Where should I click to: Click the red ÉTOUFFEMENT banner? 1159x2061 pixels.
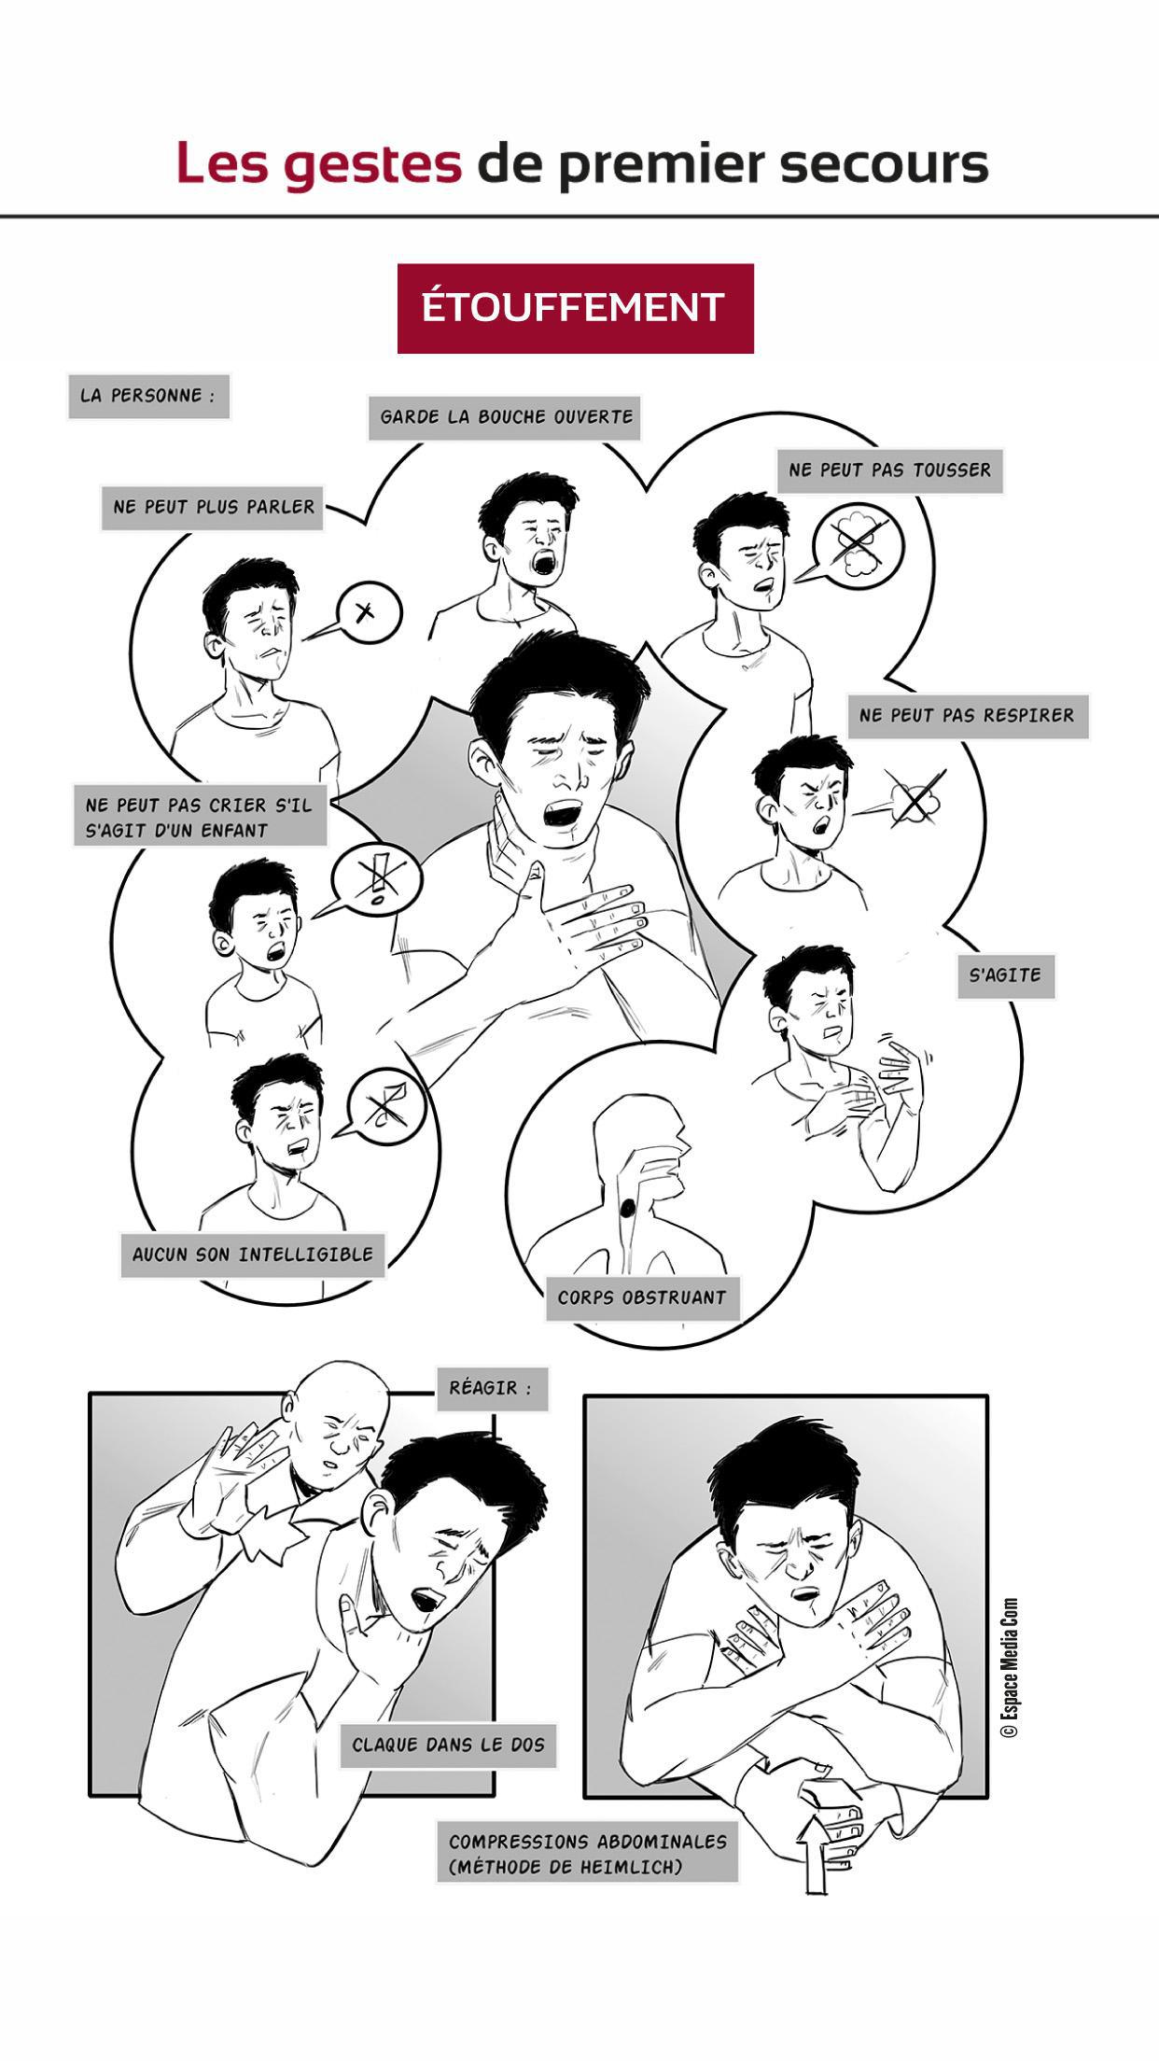pos(575,308)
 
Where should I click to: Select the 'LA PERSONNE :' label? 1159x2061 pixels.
pos(148,396)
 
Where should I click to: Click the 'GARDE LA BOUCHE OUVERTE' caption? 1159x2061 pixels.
pos(507,417)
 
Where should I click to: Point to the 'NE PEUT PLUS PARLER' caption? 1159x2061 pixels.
pos(213,508)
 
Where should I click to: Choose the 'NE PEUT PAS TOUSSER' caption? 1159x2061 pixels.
pos(889,470)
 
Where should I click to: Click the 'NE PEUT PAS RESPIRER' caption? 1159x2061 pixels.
pos(967,717)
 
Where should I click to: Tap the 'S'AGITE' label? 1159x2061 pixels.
pos(1005,975)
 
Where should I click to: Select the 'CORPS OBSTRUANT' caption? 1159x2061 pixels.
pos(642,1297)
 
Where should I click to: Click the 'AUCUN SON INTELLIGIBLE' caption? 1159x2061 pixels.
pos(253,1255)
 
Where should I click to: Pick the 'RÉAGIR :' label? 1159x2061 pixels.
pos(491,1388)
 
